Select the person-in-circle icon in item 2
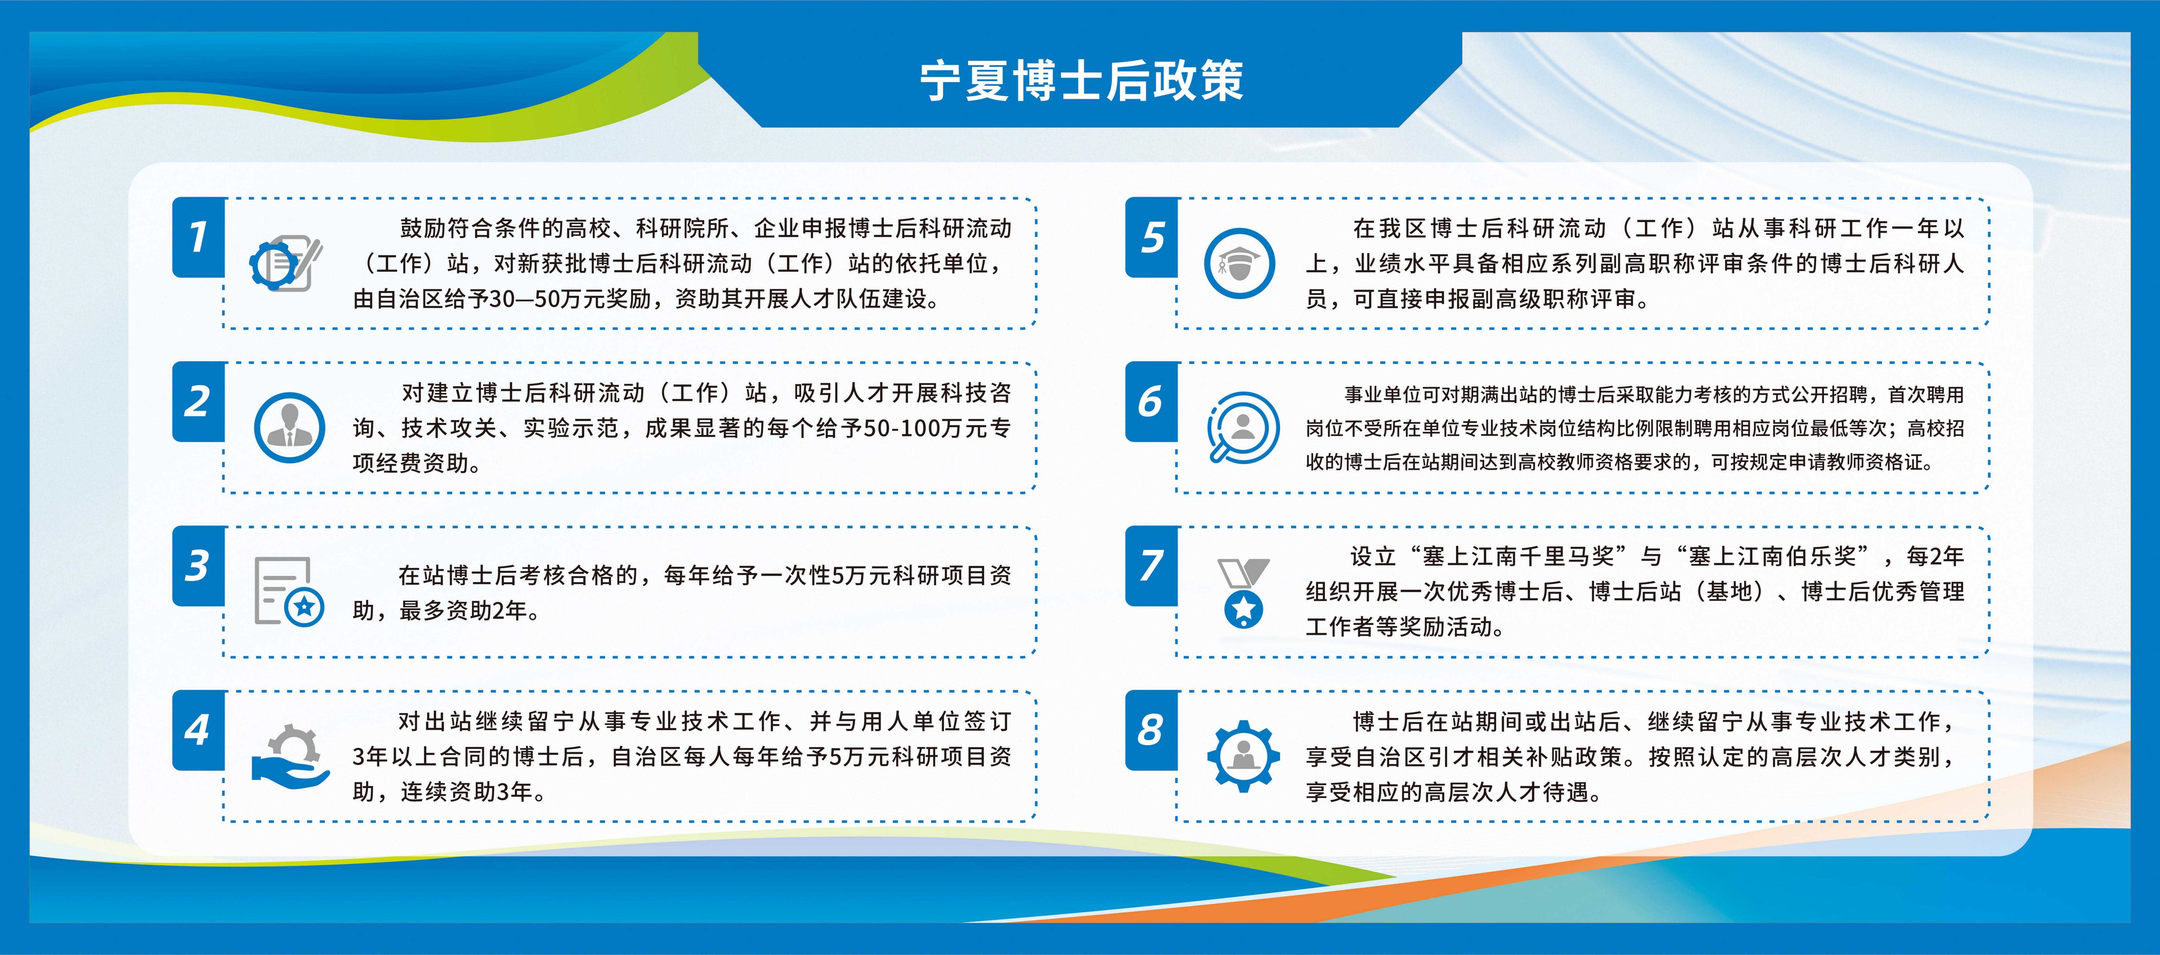coord(289,428)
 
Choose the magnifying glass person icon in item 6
coord(1243,428)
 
